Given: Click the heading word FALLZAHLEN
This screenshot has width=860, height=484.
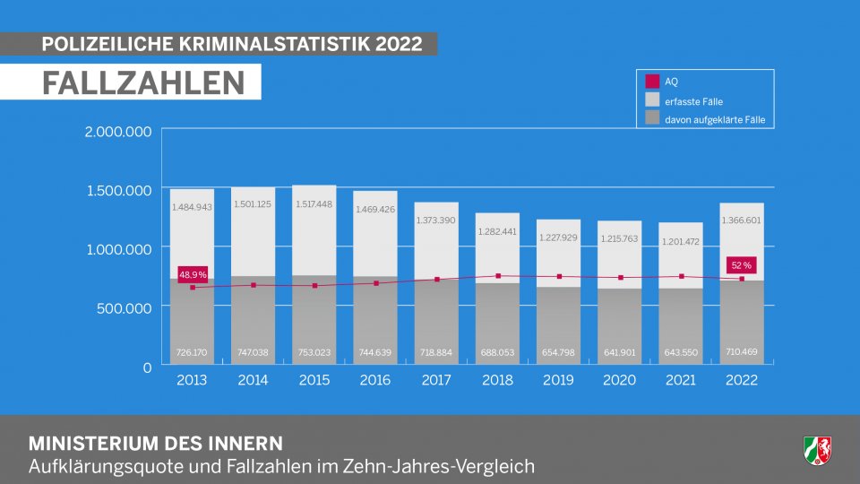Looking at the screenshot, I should pos(144,82).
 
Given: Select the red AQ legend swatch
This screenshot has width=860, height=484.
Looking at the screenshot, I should pos(652,82).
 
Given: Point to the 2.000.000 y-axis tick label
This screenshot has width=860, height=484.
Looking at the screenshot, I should pos(118,132).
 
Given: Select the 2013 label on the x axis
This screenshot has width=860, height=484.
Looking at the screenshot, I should pos(192,380).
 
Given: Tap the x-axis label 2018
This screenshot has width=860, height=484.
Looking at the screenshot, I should pos(497,380).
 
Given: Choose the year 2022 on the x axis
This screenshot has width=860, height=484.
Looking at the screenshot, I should pos(742,380).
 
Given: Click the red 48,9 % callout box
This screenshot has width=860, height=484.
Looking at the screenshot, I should pos(193,274).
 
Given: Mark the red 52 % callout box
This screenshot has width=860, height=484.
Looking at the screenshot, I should pos(742,265).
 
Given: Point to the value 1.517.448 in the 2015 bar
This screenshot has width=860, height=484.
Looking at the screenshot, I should pos(314,204).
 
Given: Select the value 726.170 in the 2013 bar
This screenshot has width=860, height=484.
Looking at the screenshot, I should pos(192,352).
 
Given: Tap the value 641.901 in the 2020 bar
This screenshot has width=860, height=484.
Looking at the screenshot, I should pos(620,352).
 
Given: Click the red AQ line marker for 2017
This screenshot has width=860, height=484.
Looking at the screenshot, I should pos(436,280).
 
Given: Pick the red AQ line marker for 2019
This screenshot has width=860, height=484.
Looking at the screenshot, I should pos(559,277).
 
